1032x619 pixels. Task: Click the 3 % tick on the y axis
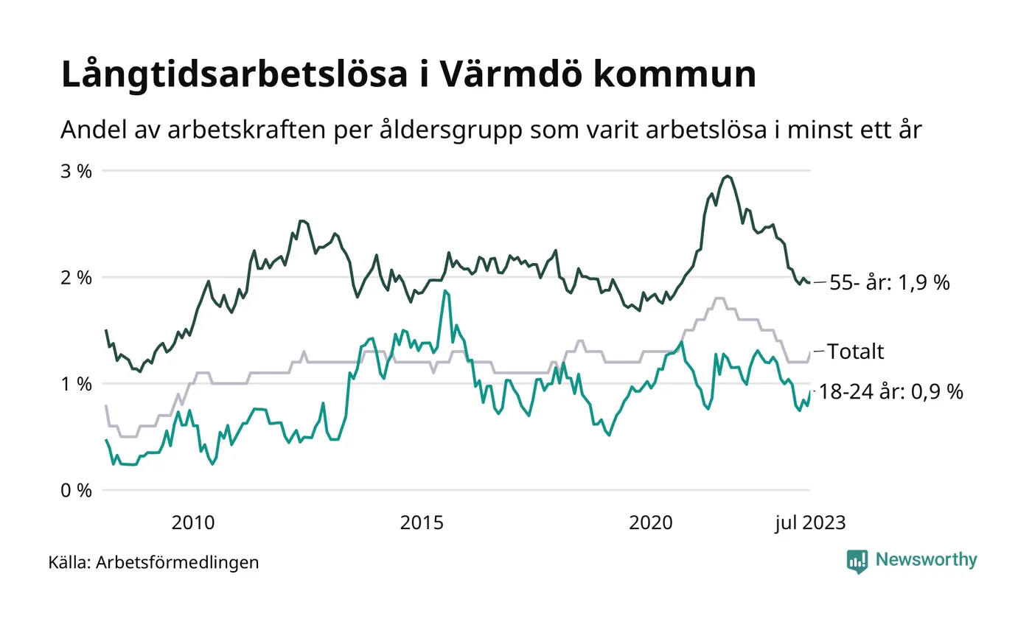75,171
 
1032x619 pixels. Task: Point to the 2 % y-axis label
75,278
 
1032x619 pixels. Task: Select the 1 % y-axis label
75,384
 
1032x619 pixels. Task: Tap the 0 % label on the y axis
75,491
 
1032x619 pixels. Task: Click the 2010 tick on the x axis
193,523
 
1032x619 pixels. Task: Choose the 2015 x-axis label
422,523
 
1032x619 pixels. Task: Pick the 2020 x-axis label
651,523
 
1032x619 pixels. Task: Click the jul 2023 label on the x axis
809,523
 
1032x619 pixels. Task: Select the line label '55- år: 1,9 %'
890,283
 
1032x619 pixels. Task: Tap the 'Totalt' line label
855,352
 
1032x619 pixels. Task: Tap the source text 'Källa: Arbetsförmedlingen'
153,563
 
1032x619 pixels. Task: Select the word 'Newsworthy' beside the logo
926,560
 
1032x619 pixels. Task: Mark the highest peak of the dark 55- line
728,176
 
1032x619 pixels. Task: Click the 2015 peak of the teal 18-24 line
444,291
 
